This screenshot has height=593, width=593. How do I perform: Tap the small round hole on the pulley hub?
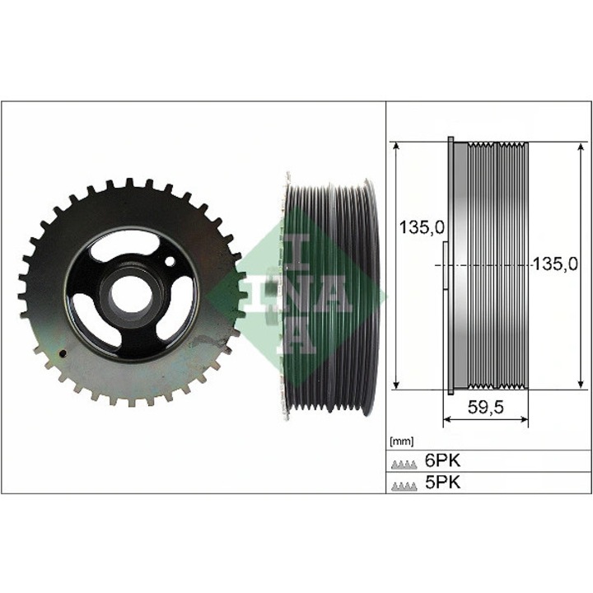(170, 263)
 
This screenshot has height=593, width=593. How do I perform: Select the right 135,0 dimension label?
(554, 264)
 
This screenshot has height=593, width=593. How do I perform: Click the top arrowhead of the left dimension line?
(396, 145)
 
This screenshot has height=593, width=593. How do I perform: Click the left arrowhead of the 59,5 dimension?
(447, 421)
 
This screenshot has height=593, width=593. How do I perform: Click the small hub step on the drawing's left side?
(443, 265)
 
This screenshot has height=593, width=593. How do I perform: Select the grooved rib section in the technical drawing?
(499, 264)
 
